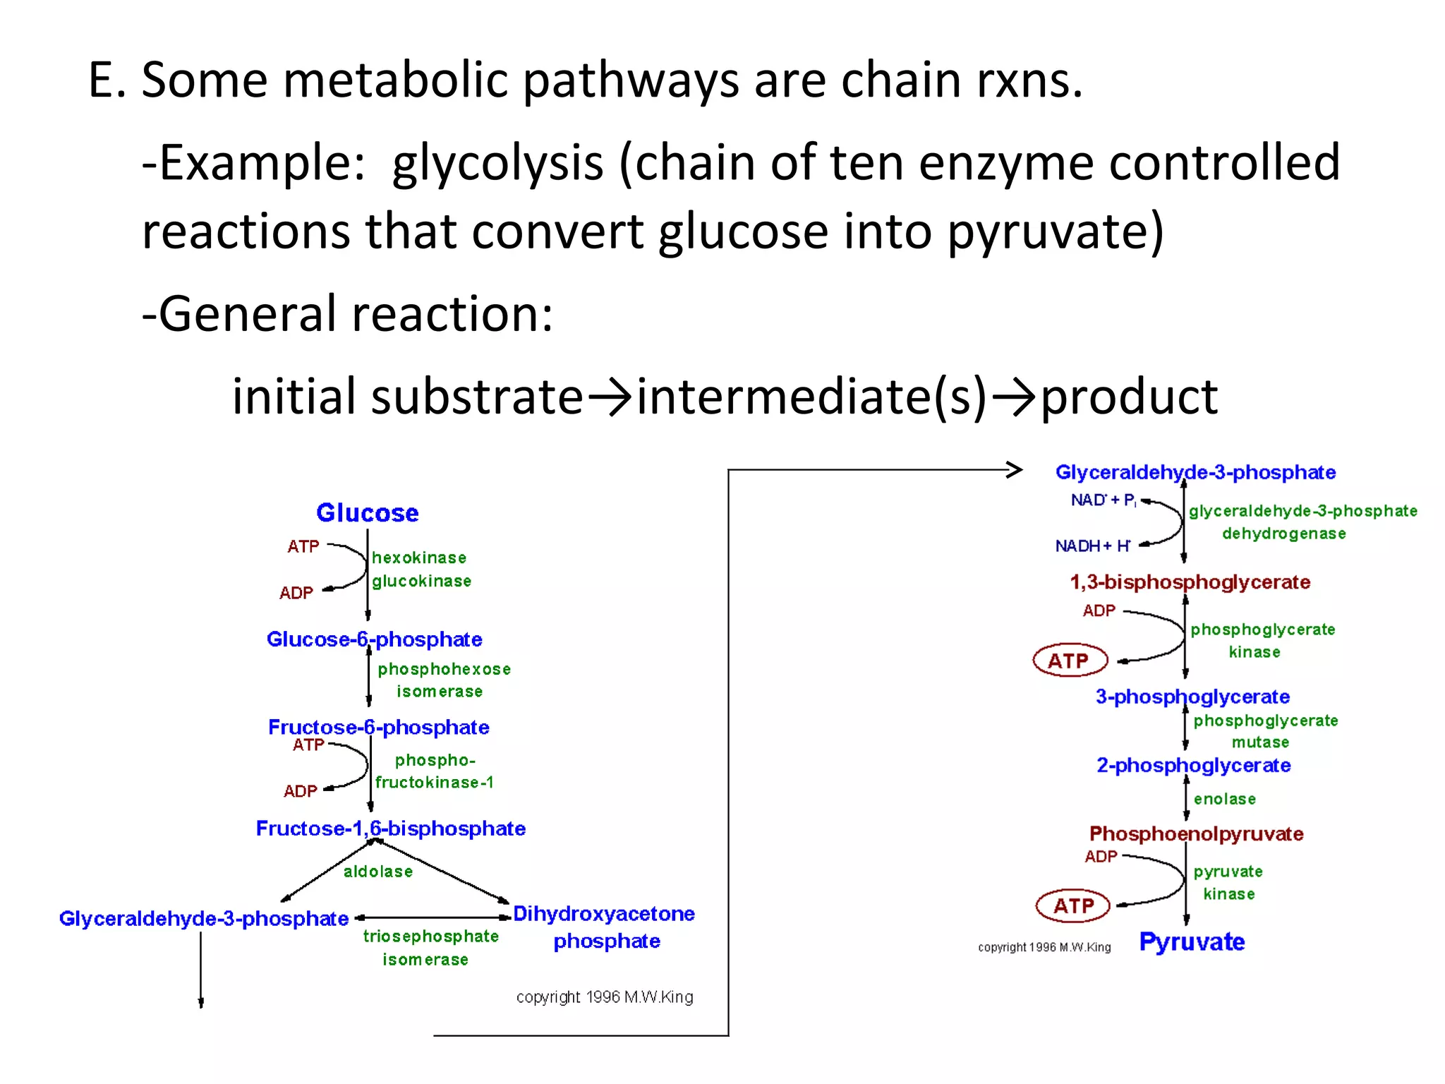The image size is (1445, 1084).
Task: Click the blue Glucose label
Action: pos(367,513)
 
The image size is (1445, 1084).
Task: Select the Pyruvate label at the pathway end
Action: pos(1192,942)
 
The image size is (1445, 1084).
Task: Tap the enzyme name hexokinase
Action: pos(419,558)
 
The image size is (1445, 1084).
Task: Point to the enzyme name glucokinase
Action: pos(422,581)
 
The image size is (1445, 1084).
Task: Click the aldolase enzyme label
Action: pos(378,872)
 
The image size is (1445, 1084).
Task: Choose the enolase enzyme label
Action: pos(1225,799)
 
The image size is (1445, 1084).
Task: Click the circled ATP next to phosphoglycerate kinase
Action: pos(1070,661)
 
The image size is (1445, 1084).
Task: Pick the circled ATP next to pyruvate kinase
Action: pos(1073,905)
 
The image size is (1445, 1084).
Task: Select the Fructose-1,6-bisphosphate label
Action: pos(391,829)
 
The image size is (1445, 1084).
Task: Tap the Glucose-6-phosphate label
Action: pos(374,639)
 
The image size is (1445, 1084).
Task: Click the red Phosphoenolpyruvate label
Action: pos(1196,833)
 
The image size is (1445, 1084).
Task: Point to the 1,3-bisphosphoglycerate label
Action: pos(1190,582)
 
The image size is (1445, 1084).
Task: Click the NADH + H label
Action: pos(1092,546)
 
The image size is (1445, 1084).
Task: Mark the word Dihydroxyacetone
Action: pos(604,914)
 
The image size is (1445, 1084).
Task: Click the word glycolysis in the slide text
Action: pos(497,163)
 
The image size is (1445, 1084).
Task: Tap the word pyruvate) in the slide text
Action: pos(1055,232)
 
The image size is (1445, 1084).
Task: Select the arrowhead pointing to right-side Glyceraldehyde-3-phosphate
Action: pos(1015,469)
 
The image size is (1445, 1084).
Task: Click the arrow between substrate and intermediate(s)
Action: pos(610,397)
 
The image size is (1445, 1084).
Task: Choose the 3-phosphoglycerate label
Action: pos(1192,697)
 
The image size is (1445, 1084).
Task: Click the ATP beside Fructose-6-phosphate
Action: pos(308,745)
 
